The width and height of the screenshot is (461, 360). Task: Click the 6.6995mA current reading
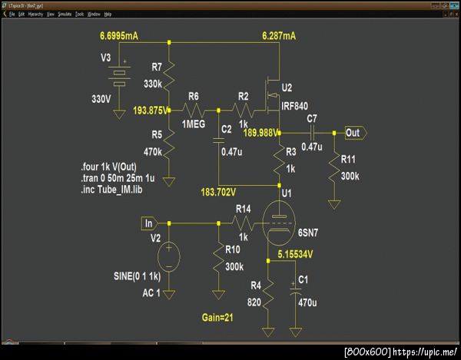pyautogui.click(x=121, y=36)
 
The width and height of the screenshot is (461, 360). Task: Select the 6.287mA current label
pyautogui.click(x=278, y=36)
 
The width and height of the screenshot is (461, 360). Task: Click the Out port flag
pyautogui.click(x=355, y=133)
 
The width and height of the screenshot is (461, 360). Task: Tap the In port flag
pyautogui.click(x=149, y=223)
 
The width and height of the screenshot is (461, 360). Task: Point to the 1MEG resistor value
pyautogui.click(x=194, y=124)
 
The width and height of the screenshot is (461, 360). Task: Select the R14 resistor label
pyautogui.click(x=244, y=208)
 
